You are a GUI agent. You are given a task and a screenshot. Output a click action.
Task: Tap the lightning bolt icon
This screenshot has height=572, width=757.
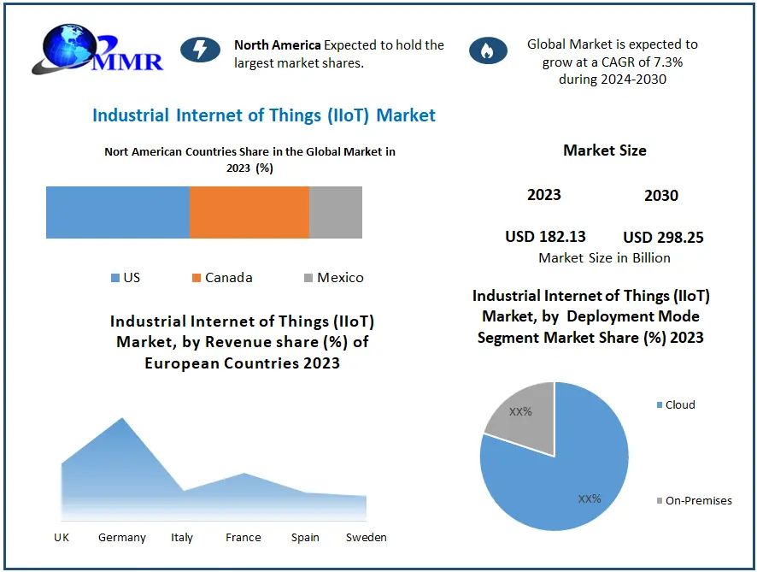(200, 50)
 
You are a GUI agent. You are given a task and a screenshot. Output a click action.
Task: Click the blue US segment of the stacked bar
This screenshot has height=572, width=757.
(117, 212)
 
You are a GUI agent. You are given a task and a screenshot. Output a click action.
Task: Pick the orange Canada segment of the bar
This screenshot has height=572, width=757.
(249, 212)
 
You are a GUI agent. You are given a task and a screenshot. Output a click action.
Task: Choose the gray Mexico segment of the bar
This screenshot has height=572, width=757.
(335, 212)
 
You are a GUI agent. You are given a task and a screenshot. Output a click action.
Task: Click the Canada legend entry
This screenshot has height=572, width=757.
(222, 278)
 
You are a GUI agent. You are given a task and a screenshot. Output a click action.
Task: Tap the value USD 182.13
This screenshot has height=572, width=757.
(545, 237)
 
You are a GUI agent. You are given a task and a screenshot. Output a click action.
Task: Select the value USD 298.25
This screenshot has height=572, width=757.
(663, 238)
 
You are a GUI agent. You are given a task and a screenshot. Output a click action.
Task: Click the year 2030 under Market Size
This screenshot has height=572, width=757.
(661, 196)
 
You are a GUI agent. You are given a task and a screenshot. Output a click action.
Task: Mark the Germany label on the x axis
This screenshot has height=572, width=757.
(122, 538)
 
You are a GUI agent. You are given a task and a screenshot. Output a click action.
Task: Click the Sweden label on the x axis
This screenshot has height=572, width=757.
(366, 538)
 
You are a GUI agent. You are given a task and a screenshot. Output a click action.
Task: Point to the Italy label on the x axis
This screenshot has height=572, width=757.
(182, 538)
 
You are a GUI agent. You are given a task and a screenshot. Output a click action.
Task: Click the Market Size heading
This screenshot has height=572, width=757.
(604, 150)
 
